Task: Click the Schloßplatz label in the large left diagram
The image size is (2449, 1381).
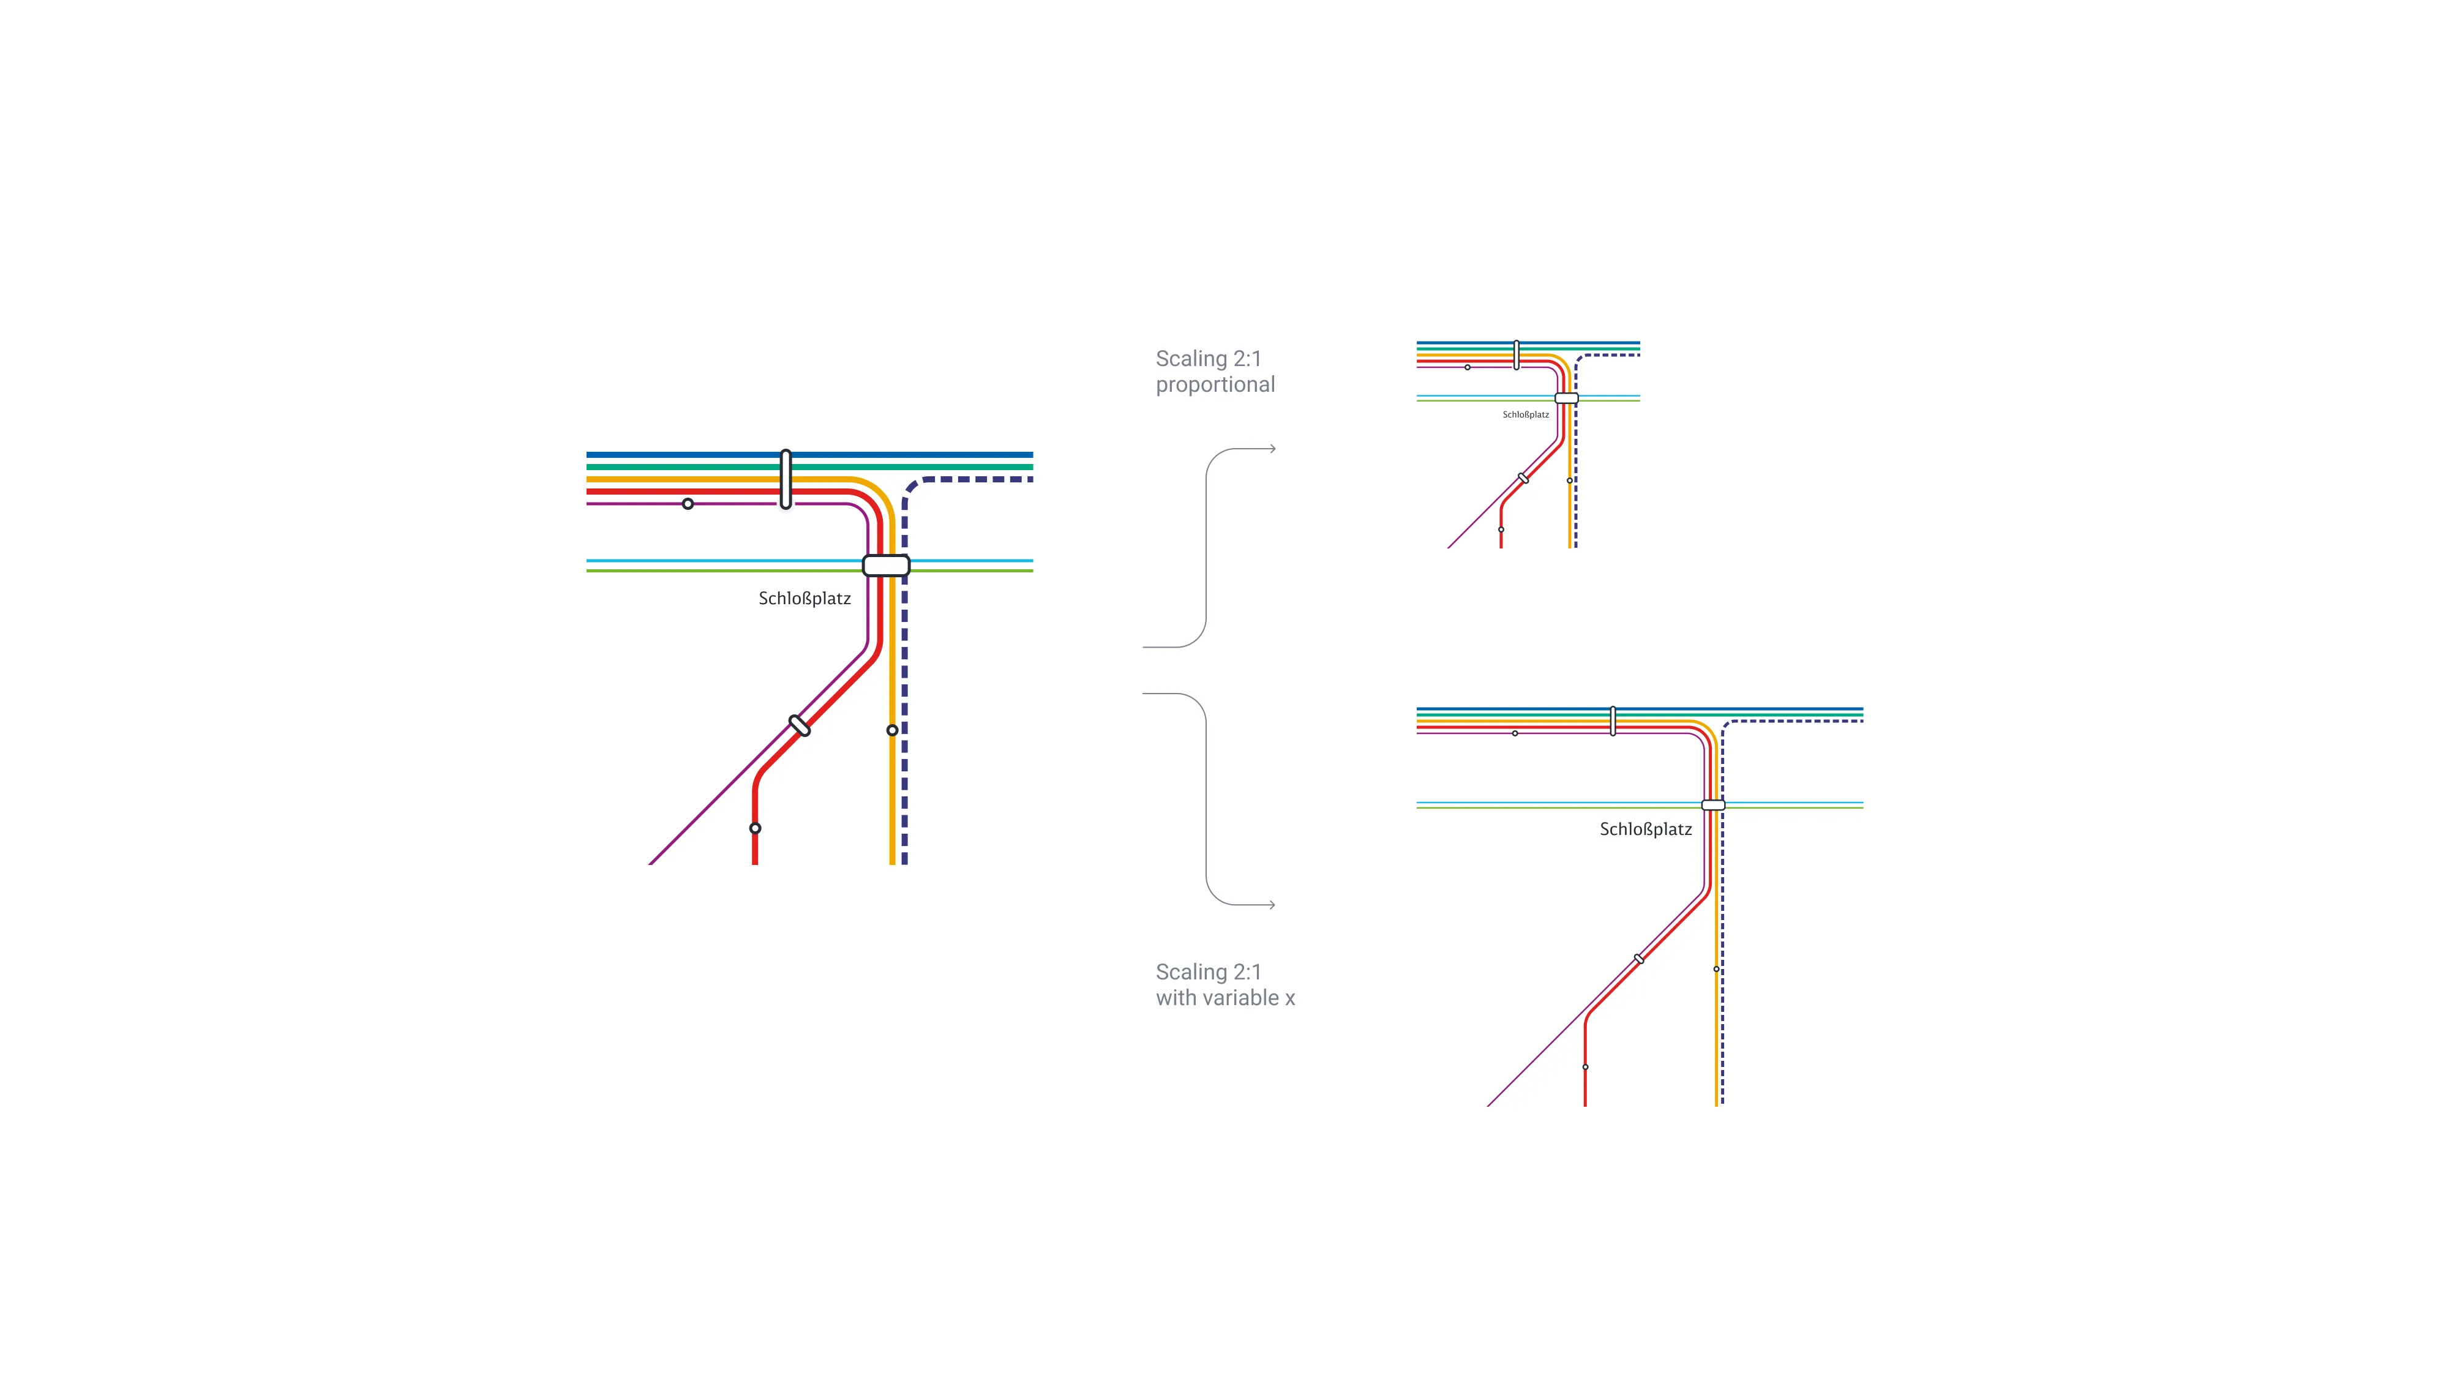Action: pos(804,599)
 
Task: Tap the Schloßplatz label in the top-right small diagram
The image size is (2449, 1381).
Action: pos(1525,414)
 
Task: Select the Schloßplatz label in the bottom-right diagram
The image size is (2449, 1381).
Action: pos(1646,829)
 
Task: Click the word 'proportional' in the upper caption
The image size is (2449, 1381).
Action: pos(1215,385)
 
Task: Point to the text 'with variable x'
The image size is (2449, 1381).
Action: pos(1224,998)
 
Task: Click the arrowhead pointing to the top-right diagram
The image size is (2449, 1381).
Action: pos(1272,449)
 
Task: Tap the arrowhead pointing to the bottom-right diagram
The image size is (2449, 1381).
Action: pos(1272,905)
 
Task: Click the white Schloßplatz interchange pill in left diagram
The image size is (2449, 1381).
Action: pos(886,566)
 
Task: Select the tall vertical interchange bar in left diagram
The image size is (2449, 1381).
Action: pos(786,479)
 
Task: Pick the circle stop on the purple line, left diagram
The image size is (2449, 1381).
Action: pos(688,504)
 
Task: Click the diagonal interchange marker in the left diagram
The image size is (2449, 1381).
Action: pos(800,726)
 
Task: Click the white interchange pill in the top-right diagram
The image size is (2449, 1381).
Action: pos(1566,399)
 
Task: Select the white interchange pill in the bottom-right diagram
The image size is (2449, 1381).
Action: pos(1713,805)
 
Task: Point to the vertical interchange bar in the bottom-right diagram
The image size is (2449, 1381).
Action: pos(1613,720)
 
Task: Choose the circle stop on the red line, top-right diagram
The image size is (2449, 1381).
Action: pos(1501,530)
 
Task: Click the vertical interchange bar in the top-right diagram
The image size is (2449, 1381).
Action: pos(1517,354)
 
